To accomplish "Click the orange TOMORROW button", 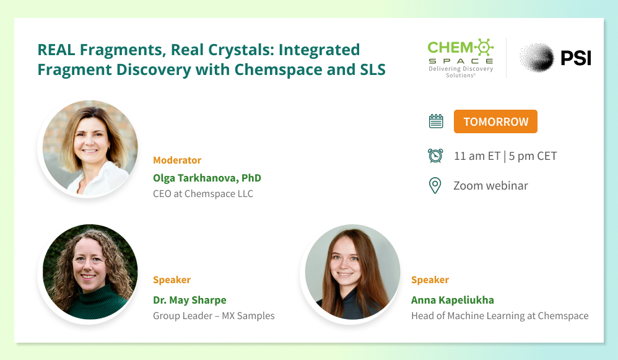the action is [495, 121].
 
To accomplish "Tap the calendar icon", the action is [436, 121].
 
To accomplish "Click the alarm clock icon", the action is [435, 156].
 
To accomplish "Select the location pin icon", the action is [435, 185].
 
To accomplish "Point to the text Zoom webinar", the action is [490, 186].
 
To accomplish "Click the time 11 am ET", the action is [477, 156].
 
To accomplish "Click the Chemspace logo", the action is [461, 58].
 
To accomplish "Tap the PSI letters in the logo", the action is [576, 58].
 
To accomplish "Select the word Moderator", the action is [177, 160].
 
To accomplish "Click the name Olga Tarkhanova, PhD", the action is [207, 178].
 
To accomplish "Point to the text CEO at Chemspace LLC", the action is [203, 193].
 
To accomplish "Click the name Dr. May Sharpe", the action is [189, 300].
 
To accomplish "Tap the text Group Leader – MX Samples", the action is [214, 316].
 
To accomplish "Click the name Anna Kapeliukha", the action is [453, 300].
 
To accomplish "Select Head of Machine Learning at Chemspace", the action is [500, 316].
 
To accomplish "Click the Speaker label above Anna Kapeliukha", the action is [430, 280].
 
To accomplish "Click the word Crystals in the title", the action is [241, 50].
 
